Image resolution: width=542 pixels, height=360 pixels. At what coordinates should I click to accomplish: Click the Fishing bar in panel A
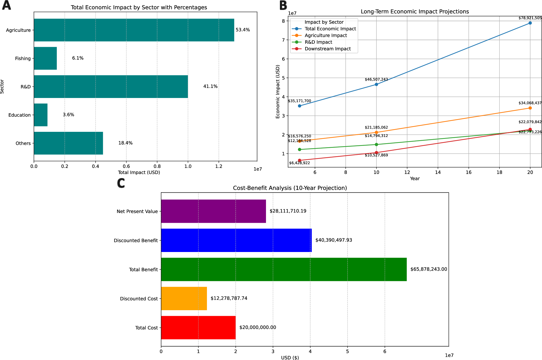[45, 58]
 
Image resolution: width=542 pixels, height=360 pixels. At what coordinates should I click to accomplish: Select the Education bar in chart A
[41, 115]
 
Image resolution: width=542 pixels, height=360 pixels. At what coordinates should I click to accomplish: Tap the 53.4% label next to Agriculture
[242, 30]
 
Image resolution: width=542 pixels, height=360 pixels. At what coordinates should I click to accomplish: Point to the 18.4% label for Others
[125, 143]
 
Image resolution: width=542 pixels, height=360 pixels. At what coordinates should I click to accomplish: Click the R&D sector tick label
[26, 87]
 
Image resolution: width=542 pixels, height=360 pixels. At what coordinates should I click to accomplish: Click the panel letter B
[283, 5]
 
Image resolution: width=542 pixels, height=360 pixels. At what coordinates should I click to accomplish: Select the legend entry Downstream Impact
[327, 49]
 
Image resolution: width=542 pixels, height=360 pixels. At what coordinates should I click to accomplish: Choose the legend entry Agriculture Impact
[326, 35]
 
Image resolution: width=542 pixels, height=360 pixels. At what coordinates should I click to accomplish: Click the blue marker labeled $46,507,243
[376, 84]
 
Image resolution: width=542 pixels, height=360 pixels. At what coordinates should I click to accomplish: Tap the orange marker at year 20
[530, 108]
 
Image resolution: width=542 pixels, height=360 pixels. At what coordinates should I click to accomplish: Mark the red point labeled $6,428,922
[300, 160]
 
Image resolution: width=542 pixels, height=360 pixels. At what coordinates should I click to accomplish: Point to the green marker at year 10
[376, 145]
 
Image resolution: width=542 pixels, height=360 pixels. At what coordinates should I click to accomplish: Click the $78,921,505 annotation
[530, 18]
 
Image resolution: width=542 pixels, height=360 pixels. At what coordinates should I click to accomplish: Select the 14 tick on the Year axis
[438, 172]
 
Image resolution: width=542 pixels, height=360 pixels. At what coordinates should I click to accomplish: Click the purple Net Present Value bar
[213, 211]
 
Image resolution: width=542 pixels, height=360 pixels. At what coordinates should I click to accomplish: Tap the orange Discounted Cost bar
[184, 298]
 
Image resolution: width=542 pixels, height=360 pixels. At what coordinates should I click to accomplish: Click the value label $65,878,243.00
[429, 269]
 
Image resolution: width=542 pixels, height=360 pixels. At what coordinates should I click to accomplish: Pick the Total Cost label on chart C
[146, 328]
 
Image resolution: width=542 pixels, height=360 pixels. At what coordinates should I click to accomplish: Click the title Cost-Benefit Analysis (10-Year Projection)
[290, 188]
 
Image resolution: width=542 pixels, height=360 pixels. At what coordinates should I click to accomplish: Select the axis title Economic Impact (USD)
[278, 91]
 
